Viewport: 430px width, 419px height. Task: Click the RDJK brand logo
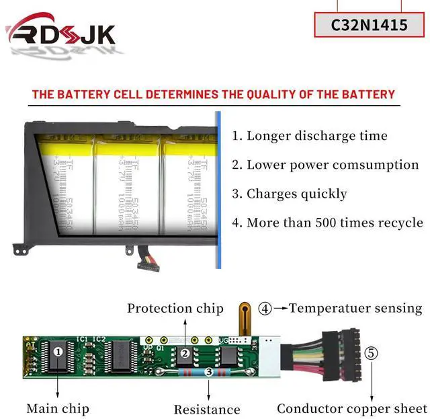[x=60, y=34]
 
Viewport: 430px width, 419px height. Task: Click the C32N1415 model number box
[x=370, y=25]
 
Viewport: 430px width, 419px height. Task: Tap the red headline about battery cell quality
[x=213, y=94]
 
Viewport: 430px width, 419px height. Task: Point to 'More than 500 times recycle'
[x=328, y=223]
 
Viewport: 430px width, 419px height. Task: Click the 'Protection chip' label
[x=175, y=309]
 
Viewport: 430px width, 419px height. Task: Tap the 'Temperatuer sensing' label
[x=355, y=309]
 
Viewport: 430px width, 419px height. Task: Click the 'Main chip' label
[x=58, y=408]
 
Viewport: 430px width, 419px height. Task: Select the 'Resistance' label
[x=207, y=409]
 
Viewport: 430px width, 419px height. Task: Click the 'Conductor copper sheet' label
[x=351, y=408]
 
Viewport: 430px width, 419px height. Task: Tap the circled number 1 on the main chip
[x=58, y=350]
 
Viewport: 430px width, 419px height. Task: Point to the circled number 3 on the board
[x=209, y=371]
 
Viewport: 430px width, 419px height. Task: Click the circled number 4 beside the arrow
[x=265, y=309]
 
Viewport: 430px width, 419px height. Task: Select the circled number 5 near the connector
[x=372, y=353]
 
